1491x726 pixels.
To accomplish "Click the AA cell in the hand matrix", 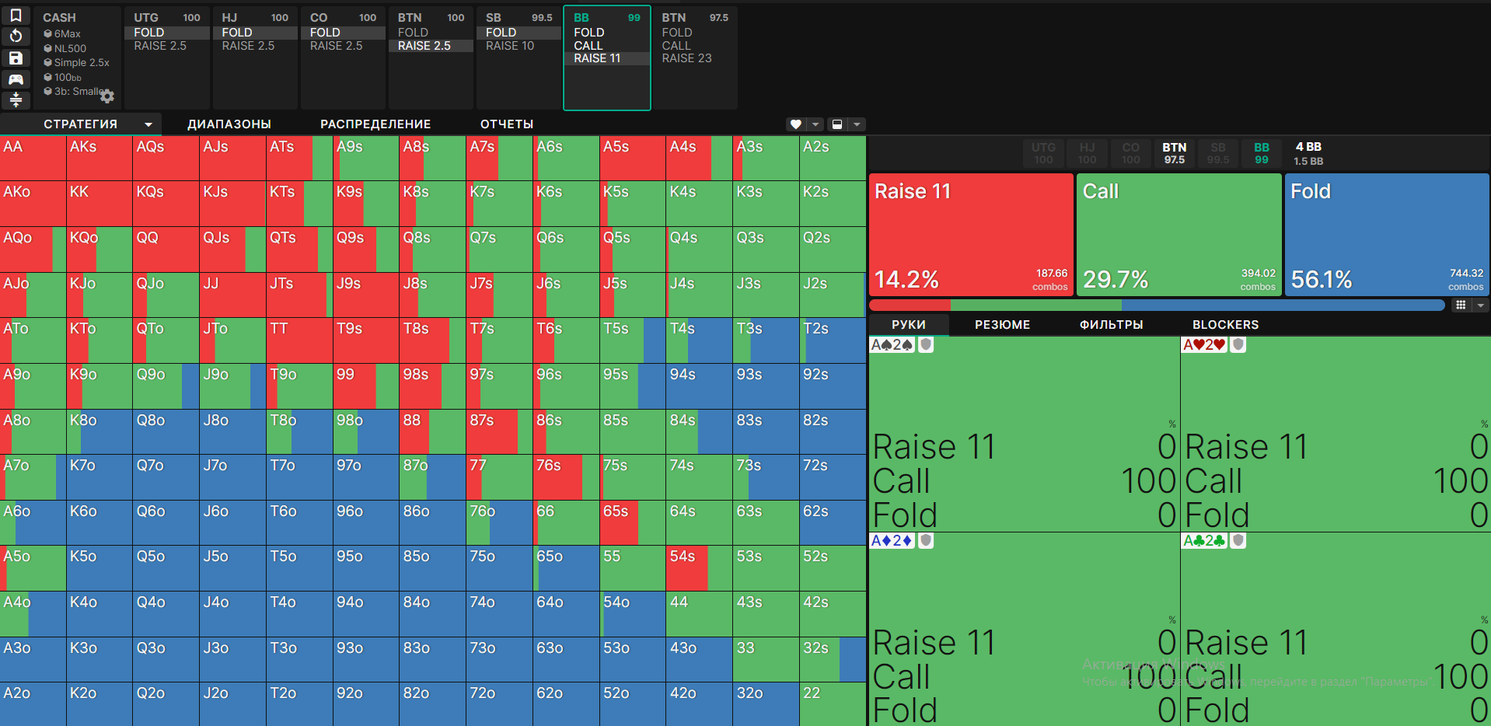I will pyautogui.click(x=33, y=159).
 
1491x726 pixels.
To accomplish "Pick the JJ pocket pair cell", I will pyautogui.click(x=232, y=295).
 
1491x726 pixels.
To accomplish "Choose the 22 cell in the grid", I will pyautogui.click(x=832, y=703).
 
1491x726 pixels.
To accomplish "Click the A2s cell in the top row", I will pyautogui.click(x=832, y=159).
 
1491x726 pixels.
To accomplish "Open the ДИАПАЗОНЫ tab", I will pyautogui.click(x=229, y=124).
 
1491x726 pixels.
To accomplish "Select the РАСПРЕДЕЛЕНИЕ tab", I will pyautogui.click(x=375, y=124).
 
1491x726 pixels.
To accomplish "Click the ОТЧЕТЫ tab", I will pyautogui.click(x=507, y=124).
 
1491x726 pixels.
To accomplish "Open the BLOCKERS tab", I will pyautogui.click(x=1225, y=325).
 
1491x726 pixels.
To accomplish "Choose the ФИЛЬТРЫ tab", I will pyautogui.click(x=1111, y=325).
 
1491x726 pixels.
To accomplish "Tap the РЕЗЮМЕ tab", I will pyautogui.click(x=1002, y=325).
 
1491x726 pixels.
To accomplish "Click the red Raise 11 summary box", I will pyautogui.click(x=971, y=234).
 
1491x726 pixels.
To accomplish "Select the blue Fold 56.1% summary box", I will pyautogui.click(x=1387, y=234).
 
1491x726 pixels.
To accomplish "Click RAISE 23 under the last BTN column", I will pyautogui.click(x=686, y=58).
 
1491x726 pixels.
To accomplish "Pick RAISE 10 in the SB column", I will pyautogui.click(x=510, y=46).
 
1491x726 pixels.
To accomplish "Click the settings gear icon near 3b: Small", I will pyautogui.click(x=107, y=96).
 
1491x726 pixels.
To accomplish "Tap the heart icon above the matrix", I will pyautogui.click(x=795, y=124).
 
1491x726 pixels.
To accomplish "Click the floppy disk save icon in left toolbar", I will pyautogui.click(x=16, y=58).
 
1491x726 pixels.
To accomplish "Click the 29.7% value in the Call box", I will pyautogui.click(x=1116, y=279).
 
